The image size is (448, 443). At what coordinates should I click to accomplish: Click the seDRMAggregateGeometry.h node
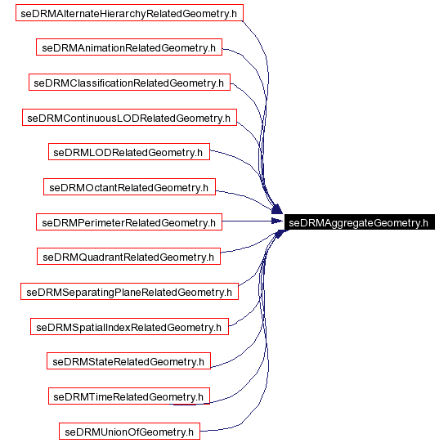(359, 222)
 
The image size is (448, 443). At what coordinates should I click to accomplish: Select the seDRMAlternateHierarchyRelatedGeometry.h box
(129, 13)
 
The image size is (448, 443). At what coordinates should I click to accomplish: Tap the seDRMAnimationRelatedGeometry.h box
(129, 47)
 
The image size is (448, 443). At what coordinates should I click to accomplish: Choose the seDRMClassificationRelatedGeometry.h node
(129, 83)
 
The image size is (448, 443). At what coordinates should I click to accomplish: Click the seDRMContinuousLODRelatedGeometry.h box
(129, 118)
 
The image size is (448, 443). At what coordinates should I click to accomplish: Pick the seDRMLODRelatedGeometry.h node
(129, 152)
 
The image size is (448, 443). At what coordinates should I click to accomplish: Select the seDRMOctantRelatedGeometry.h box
(129, 187)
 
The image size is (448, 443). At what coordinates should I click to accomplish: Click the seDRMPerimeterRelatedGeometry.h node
(129, 222)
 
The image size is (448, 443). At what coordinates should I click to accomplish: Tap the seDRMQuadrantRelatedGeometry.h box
(129, 257)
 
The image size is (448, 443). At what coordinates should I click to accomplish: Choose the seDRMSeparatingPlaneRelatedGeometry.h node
(129, 292)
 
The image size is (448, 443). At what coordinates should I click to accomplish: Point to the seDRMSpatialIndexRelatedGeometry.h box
(129, 327)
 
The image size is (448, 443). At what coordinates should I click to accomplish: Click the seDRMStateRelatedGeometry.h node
(129, 361)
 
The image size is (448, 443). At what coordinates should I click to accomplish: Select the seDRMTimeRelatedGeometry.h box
(129, 396)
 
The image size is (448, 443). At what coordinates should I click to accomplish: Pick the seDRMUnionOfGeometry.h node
(129, 432)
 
